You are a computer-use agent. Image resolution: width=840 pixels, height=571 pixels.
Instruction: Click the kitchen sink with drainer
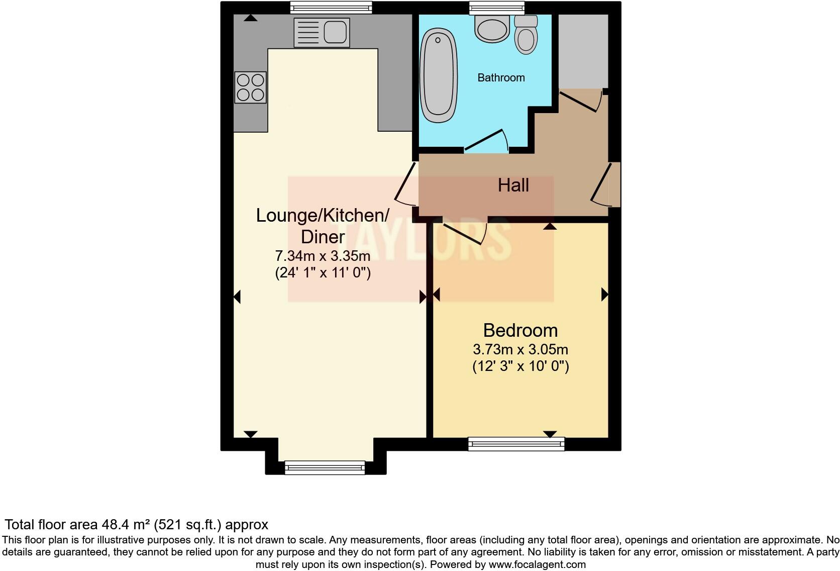point(322,33)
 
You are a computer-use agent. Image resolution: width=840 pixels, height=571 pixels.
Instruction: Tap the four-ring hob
point(250,87)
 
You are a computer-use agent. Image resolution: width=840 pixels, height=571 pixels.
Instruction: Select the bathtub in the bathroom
point(439,75)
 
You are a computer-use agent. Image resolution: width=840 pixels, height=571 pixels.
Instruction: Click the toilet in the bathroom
point(526,35)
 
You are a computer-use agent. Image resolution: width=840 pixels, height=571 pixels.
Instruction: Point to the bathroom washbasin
point(492,28)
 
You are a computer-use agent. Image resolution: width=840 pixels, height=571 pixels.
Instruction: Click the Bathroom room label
point(501,77)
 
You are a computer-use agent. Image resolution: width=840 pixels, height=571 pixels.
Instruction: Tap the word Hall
point(513,185)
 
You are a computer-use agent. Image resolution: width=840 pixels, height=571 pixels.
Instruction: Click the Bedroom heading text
point(520,330)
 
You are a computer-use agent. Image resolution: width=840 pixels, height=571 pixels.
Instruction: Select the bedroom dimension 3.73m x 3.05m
point(520,349)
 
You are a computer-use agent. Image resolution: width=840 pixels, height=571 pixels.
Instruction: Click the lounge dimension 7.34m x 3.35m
point(323,256)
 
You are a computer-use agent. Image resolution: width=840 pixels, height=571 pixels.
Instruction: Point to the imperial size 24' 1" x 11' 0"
point(323,273)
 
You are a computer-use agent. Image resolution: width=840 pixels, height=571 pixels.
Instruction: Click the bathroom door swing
point(486,141)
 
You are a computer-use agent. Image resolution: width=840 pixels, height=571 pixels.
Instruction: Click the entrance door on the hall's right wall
point(604,185)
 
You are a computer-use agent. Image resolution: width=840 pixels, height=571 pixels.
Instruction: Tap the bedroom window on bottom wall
point(516,443)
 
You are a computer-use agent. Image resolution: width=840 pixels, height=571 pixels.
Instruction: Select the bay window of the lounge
point(325,467)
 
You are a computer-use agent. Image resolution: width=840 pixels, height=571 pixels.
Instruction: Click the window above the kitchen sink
point(331,7)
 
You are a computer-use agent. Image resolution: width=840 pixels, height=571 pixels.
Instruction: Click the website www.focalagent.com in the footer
point(537,564)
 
